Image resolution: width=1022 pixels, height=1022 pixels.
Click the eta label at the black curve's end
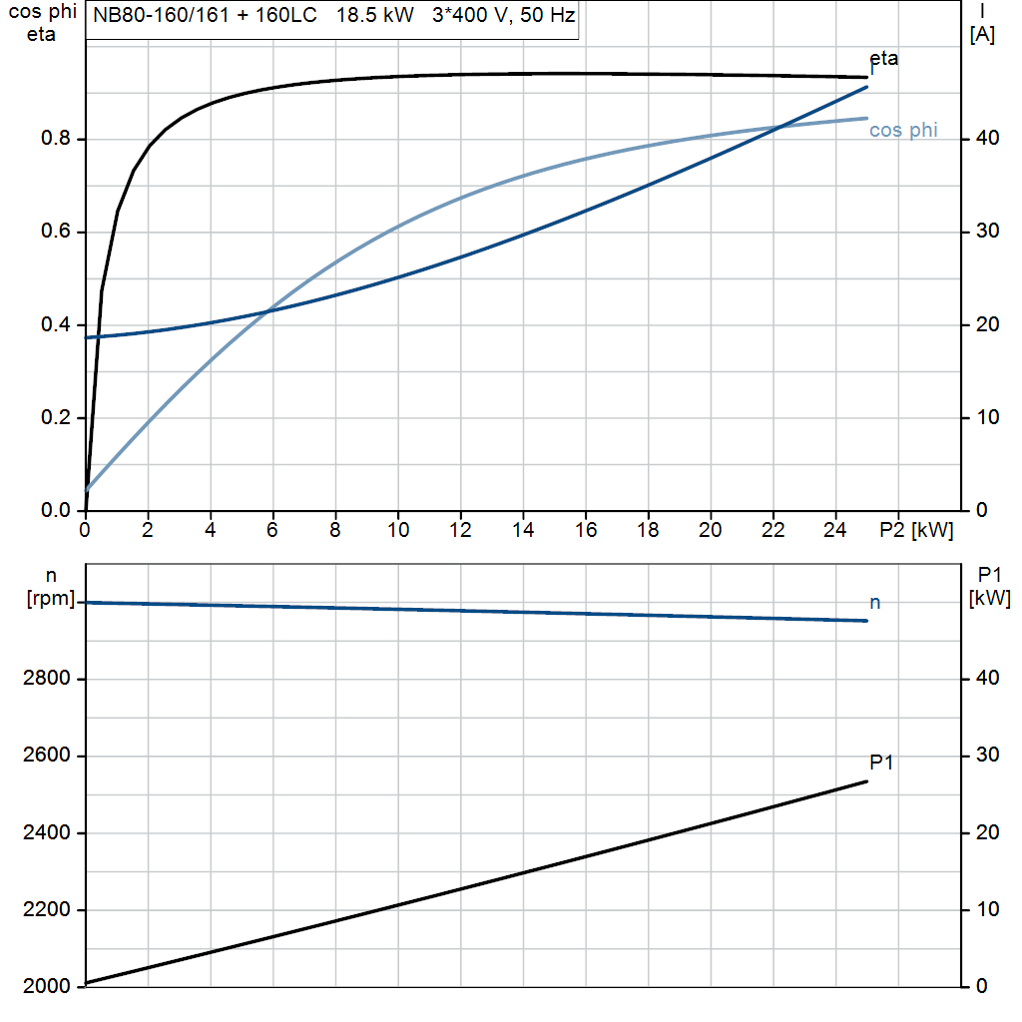[883, 58]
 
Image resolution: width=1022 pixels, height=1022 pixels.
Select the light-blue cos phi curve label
[903, 131]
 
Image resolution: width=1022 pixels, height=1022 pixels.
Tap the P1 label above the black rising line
[881, 763]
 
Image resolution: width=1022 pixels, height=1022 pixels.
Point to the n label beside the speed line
[875, 602]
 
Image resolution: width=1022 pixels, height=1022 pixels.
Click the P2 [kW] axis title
[916, 531]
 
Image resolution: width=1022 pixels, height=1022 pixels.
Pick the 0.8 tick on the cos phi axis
[57, 139]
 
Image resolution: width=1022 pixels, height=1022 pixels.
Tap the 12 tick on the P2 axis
[460, 531]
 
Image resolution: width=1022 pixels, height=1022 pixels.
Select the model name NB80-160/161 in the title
[156, 17]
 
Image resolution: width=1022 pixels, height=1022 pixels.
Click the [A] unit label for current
[982, 35]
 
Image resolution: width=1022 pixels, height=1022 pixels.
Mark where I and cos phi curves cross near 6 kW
[267, 311]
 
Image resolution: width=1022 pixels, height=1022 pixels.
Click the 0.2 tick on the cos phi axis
[57, 418]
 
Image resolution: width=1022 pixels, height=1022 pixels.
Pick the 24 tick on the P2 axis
[835, 531]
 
